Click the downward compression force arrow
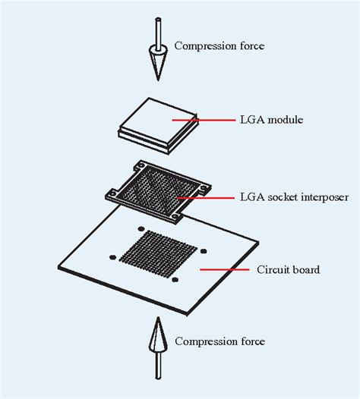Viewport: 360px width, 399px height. (158, 49)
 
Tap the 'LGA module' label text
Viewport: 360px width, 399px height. (272, 120)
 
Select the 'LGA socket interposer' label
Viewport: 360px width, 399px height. (294, 197)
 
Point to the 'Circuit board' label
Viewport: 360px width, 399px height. (288, 270)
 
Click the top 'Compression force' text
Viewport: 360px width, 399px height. (219, 46)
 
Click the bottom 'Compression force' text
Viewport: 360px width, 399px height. (219, 341)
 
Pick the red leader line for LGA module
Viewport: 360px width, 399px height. (204, 120)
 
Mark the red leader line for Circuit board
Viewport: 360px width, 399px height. (225, 269)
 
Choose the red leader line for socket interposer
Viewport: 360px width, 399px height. (206, 197)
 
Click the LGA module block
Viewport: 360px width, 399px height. (157, 125)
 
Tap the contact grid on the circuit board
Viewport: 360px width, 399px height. (158, 254)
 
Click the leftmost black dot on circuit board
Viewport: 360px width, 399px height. (112, 257)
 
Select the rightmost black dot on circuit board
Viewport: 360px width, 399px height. (204, 251)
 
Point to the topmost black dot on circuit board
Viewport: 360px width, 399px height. (141, 229)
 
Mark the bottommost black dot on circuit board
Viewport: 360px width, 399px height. (175, 280)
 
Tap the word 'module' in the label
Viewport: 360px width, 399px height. (286, 120)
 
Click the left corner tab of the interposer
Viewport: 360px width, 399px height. (112, 195)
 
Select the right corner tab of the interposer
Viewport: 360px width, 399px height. (204, 188)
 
